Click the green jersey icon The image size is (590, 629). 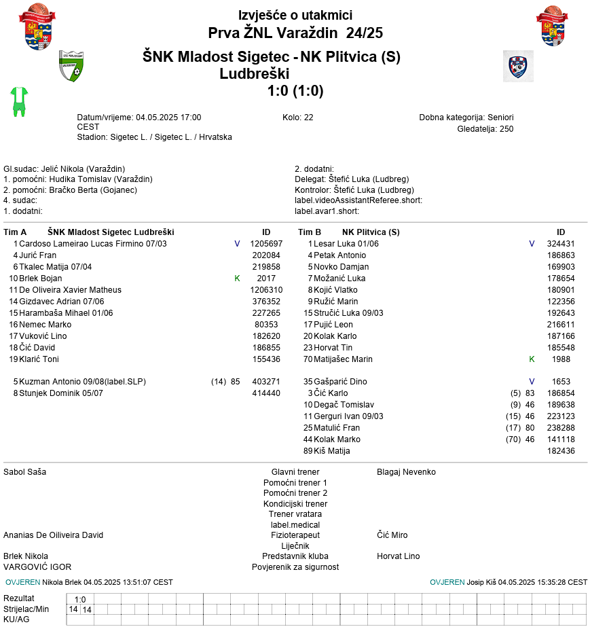[19, 101]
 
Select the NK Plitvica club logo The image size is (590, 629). [518, 66]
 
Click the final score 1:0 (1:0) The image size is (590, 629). [295, 91]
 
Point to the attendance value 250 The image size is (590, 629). [506, 128]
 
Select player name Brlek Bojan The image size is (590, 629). [40, 278]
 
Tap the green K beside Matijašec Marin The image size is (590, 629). [532, 359]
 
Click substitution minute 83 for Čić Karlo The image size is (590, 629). [530, 393]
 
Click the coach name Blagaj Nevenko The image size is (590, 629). [406, 472]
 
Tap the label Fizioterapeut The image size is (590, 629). [295, 535]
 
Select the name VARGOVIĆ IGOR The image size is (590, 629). [37, 567]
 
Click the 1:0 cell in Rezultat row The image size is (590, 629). [80, 599]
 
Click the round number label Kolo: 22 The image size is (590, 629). [298, 118]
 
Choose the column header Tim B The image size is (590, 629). [310, 232]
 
